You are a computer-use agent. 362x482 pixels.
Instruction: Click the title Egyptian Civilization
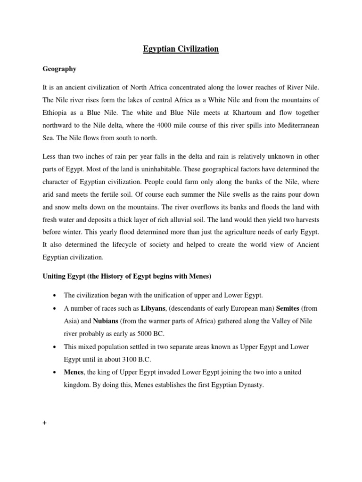pos(181,48)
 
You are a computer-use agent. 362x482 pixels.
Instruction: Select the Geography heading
pos(60,69)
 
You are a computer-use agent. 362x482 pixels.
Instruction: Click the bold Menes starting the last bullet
pos(74,372)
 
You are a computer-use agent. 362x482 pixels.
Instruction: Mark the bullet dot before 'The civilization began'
pos(56,296)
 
